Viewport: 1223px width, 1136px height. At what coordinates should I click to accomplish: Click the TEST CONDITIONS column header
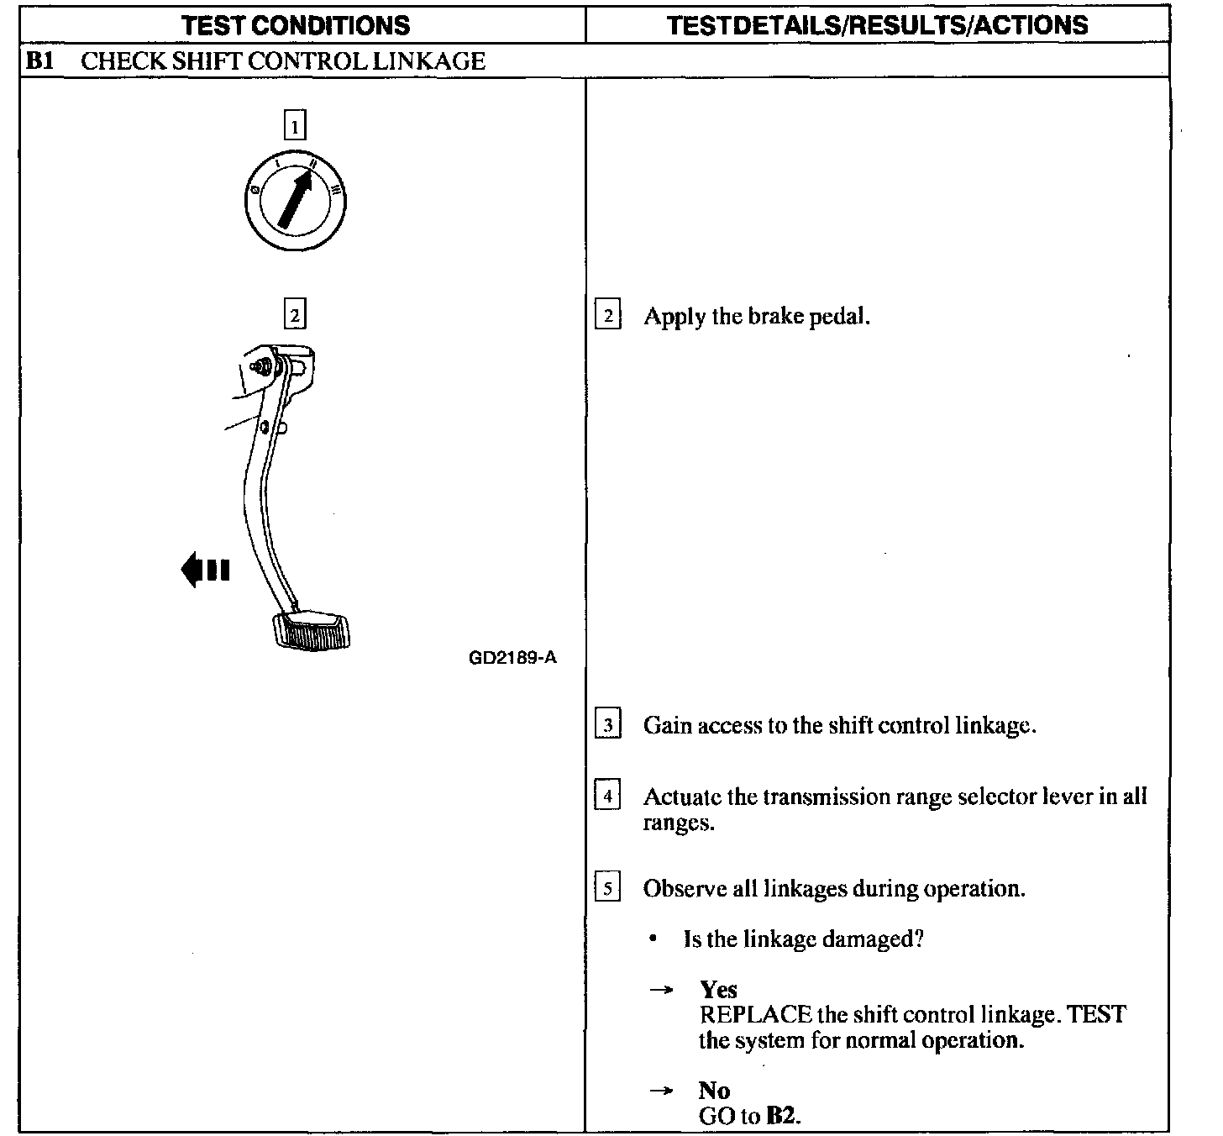pyautogui.click(x=296, y=25)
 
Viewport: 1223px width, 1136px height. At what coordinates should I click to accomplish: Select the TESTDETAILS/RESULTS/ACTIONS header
pyautogui.click(x=877, y=25)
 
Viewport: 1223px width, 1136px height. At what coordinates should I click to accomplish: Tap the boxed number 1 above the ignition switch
pyautogui.click(x=294, y=126)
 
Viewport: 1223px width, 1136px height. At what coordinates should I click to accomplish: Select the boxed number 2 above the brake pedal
pyautogui.click(x=294, y=315)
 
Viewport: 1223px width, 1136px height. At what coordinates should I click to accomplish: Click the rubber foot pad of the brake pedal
pyautogui.click(x=311, y=630)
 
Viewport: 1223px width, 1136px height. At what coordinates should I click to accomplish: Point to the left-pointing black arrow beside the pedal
pyautogui.click(x=205, y=570)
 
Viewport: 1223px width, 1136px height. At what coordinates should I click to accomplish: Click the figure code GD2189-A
pyautogui.click(x=512, y=657)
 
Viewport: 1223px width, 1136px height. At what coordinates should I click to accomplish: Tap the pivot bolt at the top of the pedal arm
pyautogui.click(x=261, y=366)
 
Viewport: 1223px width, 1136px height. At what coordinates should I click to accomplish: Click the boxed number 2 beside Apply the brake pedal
pyautogui.click(x=607, y=317)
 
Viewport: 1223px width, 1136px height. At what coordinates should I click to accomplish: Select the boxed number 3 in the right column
pyautogui.click(x=607, y=725)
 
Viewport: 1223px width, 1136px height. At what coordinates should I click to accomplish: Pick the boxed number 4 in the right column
pyautogui.click(x=607, y=795)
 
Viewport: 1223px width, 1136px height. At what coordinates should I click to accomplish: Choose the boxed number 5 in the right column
pyautogui.click(x=607, y=888)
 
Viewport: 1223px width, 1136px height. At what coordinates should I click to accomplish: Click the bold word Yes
pyautogui.click(x=718, y=990)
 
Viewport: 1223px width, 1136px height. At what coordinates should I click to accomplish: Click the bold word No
pyautogui.click(x=714, y=1091)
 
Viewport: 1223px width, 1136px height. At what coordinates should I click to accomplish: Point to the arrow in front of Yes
pyautogui.click(x=662, y=991)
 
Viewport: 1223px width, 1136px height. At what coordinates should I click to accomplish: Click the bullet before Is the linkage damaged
pyautogui.click(x=653, y=939)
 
